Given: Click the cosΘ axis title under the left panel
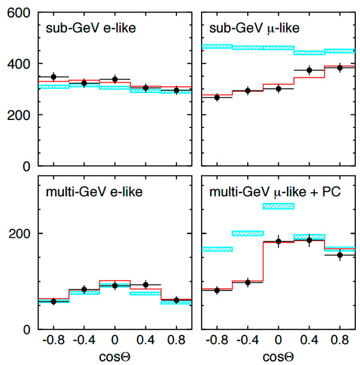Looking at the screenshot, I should (x=114, y=356).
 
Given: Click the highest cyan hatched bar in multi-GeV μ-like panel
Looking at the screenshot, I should (x=278, y=207).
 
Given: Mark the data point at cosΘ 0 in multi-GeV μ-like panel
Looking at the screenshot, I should (x=278, y=241).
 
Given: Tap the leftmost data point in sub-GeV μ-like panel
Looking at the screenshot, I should (x=217, y=97).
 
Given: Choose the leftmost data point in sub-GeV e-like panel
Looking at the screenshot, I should (x=53, y=77).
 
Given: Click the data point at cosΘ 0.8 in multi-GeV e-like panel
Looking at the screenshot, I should (x=176, y=300).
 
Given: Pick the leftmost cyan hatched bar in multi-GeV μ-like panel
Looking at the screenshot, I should (x=217, y=249).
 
